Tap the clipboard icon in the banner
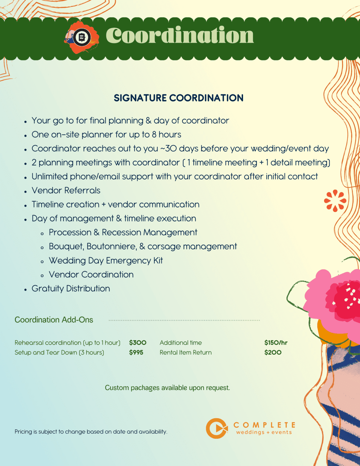click(82, 37)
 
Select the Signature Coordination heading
click(179, 98)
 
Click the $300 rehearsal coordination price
click(138, 343)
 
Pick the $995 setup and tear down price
click(136, 352)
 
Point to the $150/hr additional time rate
click(276, 343)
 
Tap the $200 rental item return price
click(273, 352)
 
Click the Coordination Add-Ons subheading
click(54, 320)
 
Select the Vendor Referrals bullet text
click(66, 190)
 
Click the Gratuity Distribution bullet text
click(71, 289)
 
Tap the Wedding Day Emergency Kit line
click(106, 260)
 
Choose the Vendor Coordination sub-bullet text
click(91, 274)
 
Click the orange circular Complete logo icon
click(217, 428)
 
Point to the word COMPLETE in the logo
click(264, 425)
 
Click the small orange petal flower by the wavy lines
click(335, 201)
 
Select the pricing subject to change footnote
click(91, 431)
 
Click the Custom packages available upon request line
click(167, 388)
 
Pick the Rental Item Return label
click(186, 352)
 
